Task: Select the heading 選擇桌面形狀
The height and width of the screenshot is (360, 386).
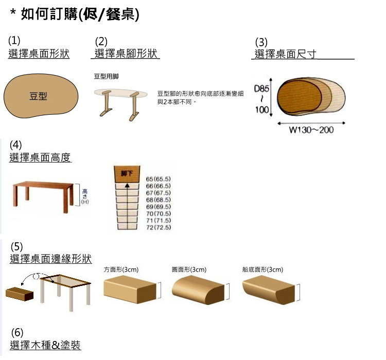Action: [x=39, y=54]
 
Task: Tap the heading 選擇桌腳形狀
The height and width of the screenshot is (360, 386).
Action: [x=127, y=54]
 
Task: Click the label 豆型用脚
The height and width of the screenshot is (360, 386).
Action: [x=106, y=77]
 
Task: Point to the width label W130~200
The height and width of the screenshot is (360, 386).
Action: [x=311, y=130]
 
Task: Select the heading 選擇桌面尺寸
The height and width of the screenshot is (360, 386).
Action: [x=286, y=54]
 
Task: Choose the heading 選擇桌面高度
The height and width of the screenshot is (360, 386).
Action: [x=40, y=158]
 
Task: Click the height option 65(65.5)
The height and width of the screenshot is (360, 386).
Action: [x=159, y=178]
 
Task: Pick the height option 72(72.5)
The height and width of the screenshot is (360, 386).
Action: [x=159, y=227]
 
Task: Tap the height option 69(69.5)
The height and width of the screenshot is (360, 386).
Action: [x=159, y=206]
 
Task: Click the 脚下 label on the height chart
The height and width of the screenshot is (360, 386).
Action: [x=127, y=173]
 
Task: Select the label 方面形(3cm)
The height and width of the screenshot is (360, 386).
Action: [x=121, y=269]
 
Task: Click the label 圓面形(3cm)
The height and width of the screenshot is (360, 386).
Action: [x=189, y=269]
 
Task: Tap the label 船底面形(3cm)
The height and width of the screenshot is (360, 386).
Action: [x=262, y=269]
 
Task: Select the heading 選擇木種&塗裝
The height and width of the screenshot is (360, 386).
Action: [x=45, y=345]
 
